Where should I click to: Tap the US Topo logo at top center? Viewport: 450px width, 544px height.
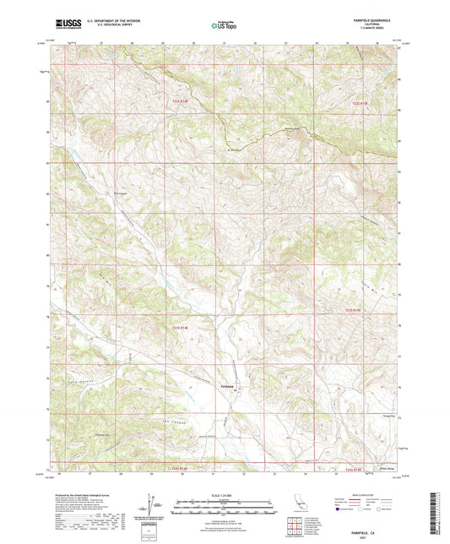pyautogui.click(x=224, y=26)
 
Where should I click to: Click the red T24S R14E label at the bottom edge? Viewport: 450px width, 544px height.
pyautogui.click(x=172, y=467)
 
